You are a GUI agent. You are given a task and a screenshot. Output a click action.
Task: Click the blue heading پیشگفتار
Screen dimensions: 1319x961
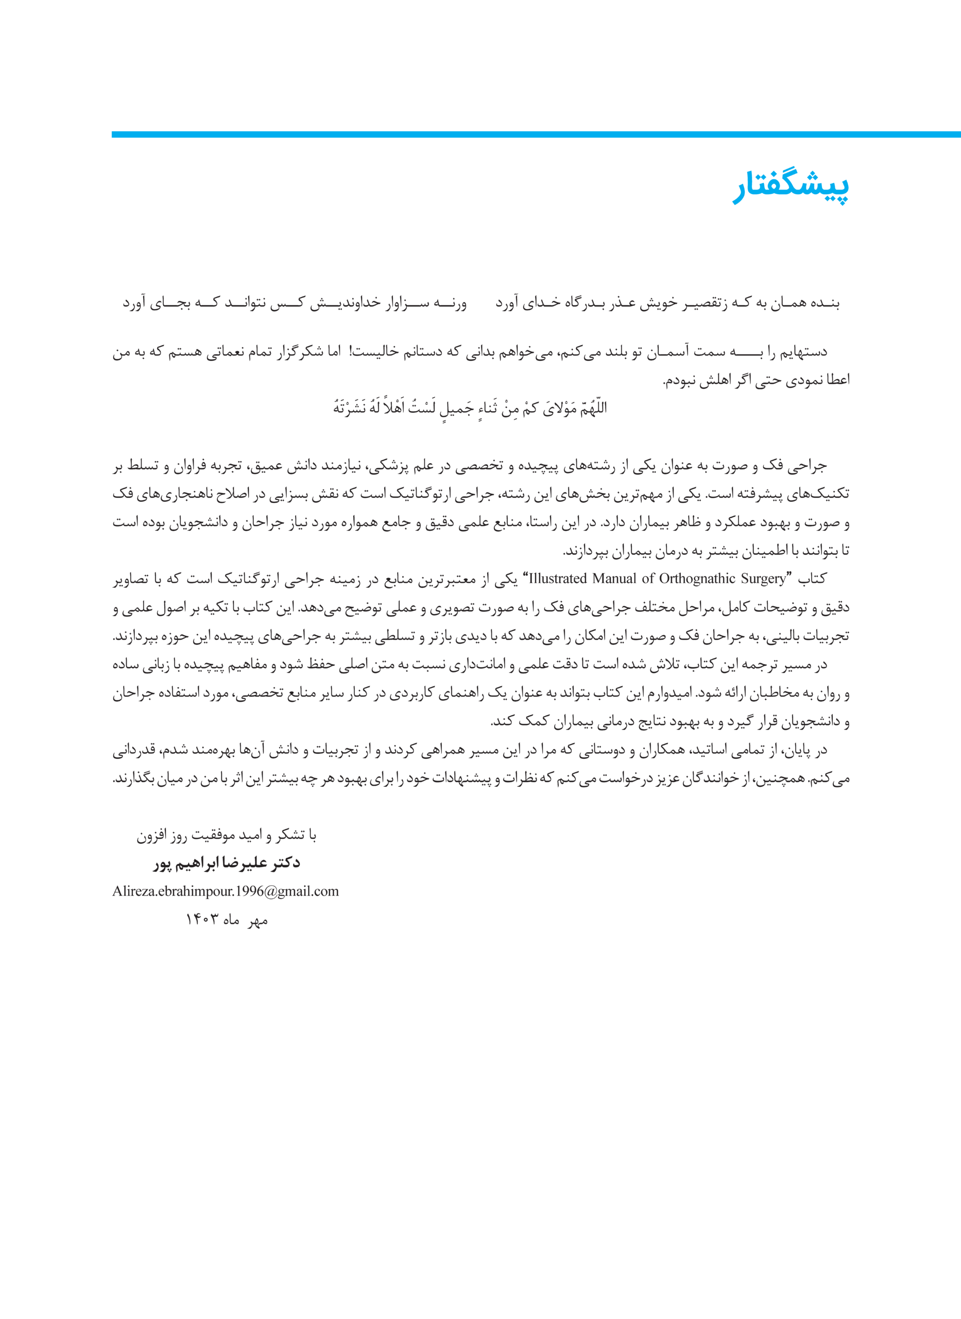point(791,188)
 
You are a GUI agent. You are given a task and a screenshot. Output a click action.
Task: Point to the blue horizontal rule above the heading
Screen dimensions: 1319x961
point(535,134)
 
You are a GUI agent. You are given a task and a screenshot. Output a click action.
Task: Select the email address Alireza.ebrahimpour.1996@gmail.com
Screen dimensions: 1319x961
point(225,891)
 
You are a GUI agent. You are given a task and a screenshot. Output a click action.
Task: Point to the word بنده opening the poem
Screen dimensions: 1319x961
point(826,303)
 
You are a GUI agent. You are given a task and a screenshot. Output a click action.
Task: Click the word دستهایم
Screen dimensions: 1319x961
point(804,352)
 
